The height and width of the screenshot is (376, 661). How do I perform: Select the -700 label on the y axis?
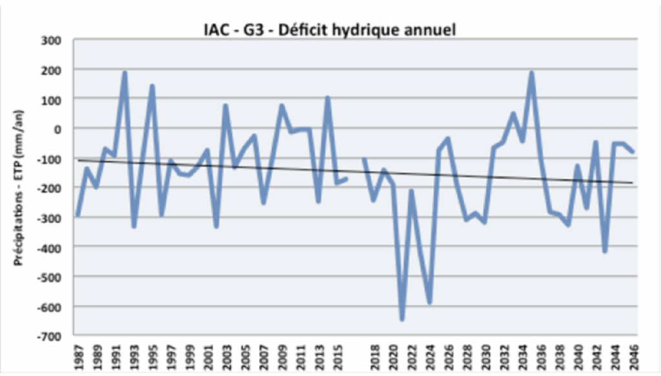(49, 336)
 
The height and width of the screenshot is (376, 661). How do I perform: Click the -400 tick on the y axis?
(49, 247)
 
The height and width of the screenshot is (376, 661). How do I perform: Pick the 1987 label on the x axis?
(78, 355)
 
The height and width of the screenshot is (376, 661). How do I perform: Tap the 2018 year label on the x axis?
(374, 355)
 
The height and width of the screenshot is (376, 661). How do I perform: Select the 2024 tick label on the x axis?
(429, 355)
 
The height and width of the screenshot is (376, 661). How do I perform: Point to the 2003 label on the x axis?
(226, 355)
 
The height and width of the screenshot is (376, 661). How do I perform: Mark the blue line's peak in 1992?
(125, 72)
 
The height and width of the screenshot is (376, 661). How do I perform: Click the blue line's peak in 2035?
(531, 72)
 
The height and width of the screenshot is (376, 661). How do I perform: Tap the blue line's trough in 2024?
(429, 302)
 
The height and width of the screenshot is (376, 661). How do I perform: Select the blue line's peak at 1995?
(152, 86)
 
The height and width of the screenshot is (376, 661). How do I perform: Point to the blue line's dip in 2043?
(605, 251)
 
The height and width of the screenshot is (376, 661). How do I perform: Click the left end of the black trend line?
(78, 160)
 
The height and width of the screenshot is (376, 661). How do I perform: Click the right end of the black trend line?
(633, 183)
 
